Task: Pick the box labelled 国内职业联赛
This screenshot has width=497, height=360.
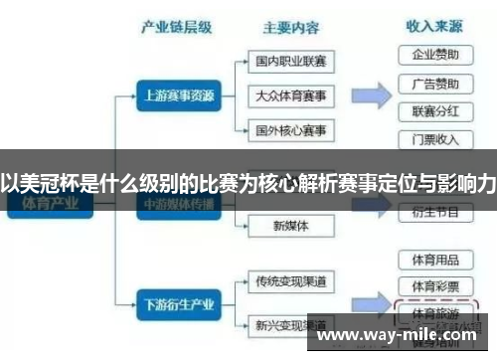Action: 290,62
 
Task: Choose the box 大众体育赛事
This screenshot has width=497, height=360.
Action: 290,95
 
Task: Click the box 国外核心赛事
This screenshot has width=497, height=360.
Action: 290,129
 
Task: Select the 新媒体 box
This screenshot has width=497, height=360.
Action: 290,226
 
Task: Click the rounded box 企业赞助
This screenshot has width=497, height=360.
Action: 435,54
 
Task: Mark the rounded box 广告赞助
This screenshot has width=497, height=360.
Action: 435,83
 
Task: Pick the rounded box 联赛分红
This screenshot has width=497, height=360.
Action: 435,110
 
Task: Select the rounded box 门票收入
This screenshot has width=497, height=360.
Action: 435,138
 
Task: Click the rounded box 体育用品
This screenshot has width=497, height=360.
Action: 435,260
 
